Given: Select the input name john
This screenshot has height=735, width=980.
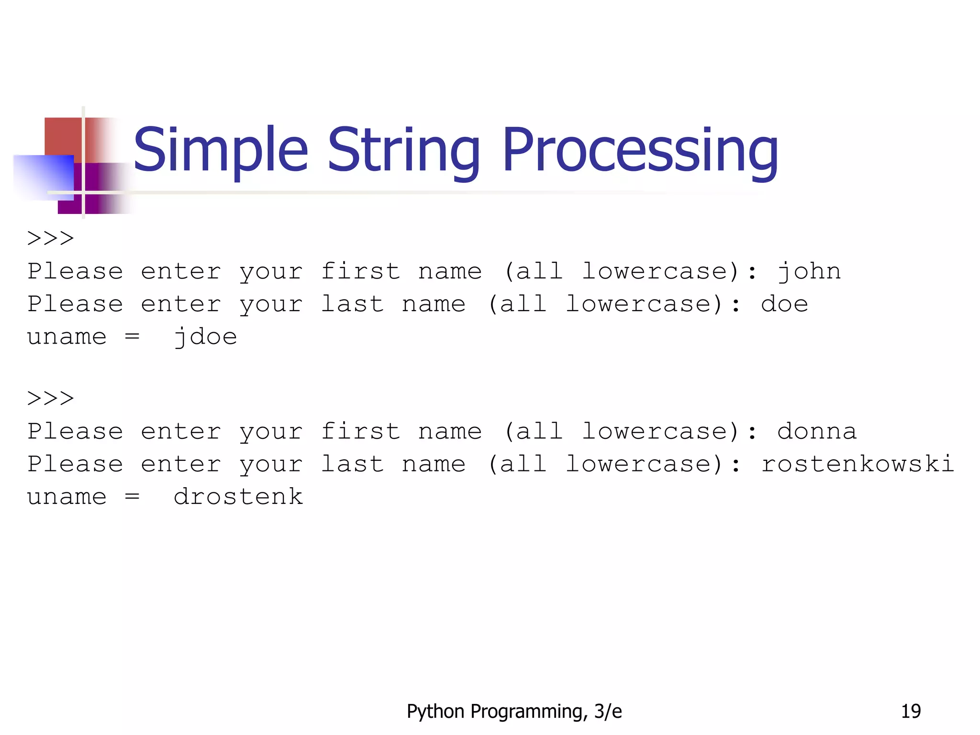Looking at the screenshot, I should click(809, 272).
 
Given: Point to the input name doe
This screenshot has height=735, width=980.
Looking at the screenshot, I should click(784, 304).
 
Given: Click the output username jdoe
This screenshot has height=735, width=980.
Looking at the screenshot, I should click(205, 337).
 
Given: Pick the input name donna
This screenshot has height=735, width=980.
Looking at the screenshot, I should click(816, 432).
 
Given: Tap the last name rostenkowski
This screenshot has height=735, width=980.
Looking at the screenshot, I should click(857, 464).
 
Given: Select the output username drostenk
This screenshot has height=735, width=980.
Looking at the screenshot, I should click(238, 497).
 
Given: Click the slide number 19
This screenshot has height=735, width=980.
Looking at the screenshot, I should click(911, 711).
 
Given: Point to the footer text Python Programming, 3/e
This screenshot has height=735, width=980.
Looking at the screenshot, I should click(514, 711).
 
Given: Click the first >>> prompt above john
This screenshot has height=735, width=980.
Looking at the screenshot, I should click(51, 238).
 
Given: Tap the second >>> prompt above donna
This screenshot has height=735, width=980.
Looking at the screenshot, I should click(51, 398).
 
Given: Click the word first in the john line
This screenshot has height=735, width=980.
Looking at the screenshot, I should click(360, 272).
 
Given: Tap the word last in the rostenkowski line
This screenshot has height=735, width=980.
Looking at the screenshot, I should click(352, 464).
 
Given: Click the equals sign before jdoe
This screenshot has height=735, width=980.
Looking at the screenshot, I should click(132, 337).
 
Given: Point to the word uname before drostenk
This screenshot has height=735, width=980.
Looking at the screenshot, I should click(67, 497).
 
